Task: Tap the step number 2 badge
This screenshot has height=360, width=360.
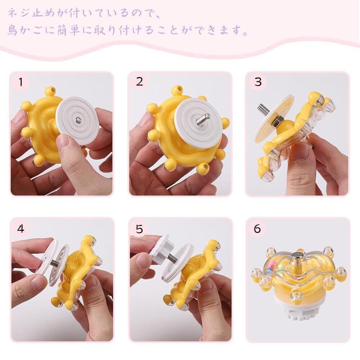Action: pyautogui.click(x=139, y=82)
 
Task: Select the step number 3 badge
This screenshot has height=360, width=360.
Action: pyautogui.click(x=258, y=82)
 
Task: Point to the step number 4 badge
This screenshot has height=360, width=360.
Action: pyautogui.click(x=21, y=229)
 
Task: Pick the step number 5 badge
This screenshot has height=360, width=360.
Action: pyautogui.click(x=139, y=229)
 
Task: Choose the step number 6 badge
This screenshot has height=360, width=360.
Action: pyautogui.click(x=257, y=229)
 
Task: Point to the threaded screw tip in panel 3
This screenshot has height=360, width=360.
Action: pyautogui.click(x=264, y=108)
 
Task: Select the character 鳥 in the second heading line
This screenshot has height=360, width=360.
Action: pyautogui.click(x=13, y=30)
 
